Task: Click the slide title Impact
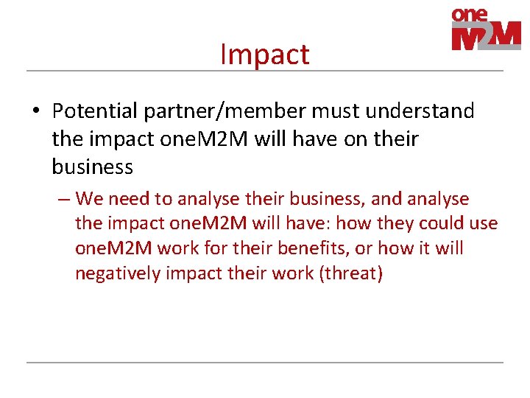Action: pos(265,55)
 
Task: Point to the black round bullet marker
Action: pos(35,112)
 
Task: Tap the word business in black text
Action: pos(93,167)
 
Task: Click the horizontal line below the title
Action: pos(265,71)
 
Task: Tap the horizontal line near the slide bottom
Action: pos(265,362)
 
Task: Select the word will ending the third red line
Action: pos(449,248)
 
